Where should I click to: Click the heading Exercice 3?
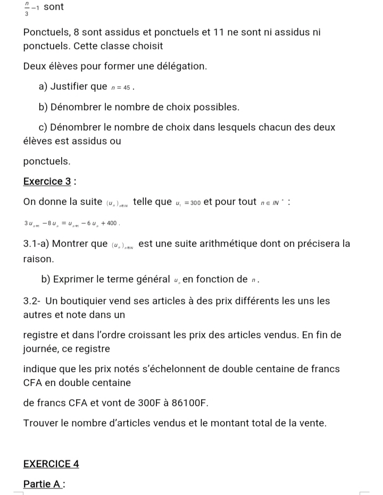click(x=47, y=181)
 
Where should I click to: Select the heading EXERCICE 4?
click(x=51, y=464)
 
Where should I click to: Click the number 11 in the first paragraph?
click(x=219, y=32)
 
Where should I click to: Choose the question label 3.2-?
click(x=33, y=301)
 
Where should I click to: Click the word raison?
click(x=38, y=259)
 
